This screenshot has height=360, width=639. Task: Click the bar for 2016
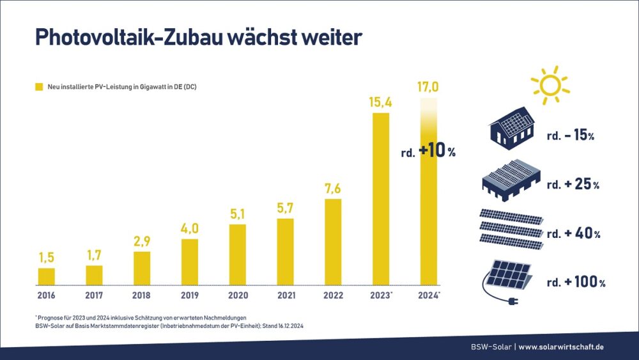(47, 276)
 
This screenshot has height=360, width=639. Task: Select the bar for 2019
(190, 262)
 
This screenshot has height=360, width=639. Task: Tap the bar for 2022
(333, 242)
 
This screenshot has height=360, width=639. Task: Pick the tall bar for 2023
(380, 198)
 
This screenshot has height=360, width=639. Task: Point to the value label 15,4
(380, 102)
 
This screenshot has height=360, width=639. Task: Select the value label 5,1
(238, 213)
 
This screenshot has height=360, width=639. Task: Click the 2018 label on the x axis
(142, 295)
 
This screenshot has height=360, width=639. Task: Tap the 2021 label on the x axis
(285, 295)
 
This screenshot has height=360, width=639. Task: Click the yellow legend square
(39, 86)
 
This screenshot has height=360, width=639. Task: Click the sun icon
(549, 84)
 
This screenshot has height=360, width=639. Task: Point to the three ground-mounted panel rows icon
(511, 228)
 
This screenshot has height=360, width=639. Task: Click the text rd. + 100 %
(576, 282)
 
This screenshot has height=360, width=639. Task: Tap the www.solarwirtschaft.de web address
(561, 347)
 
